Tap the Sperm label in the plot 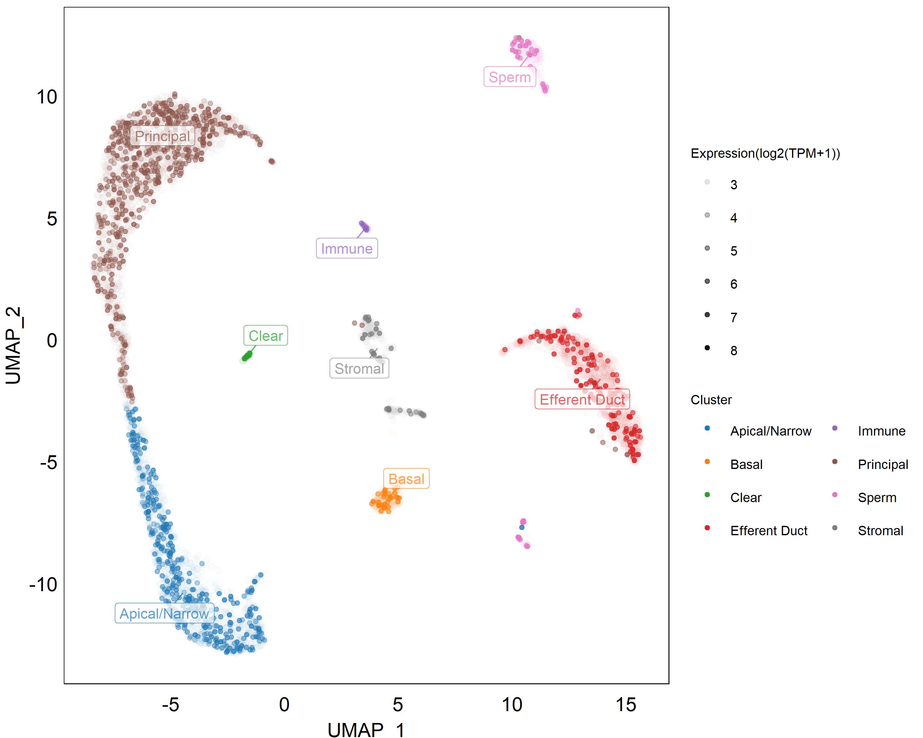(509, 77)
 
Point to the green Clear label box (265, 336)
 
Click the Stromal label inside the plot (359, 368)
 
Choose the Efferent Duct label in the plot (582, 400)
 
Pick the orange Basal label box (406, 479)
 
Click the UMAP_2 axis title (14, 345)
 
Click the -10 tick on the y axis (43, 584)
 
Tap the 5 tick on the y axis (52, 219)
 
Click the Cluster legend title (711, 400)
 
